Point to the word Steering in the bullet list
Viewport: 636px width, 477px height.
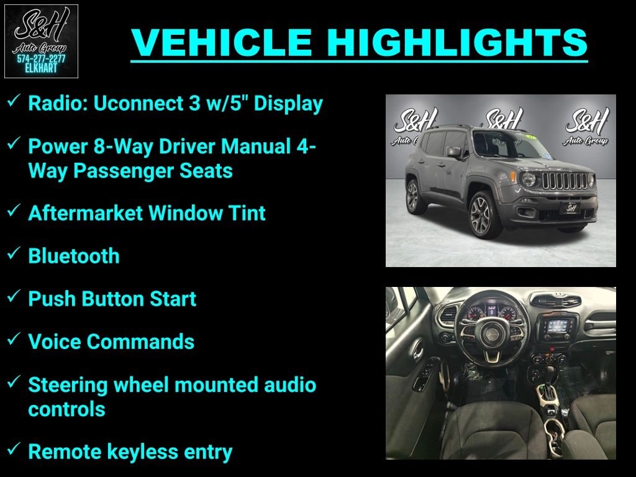tap(71, 385)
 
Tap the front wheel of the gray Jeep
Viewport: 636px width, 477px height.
tap(485, 213)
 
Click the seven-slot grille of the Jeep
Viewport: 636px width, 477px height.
tap(565, 181)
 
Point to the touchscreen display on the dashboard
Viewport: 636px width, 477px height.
tap(556, 327)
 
